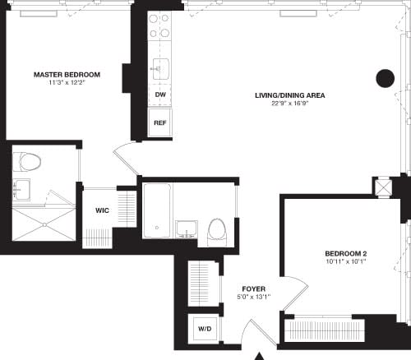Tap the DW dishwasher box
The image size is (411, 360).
click(x=159, y=95)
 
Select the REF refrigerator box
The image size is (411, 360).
click(x=159, y=122)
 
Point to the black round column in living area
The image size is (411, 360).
click(x=386, y=78)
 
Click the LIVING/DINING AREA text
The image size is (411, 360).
click(x=289, y=95)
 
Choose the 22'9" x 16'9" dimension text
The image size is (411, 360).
click(x=289, y=104)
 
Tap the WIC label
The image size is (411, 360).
click(x=102, y=210)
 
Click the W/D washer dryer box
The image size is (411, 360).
click(x=203, y=329)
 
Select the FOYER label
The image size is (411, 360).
click(x=253, y=288)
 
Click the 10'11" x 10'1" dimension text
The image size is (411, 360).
click(x=345, y=262)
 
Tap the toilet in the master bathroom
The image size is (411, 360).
click(x=29, y=161)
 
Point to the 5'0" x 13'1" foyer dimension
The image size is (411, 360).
click(x=253, y=298)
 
